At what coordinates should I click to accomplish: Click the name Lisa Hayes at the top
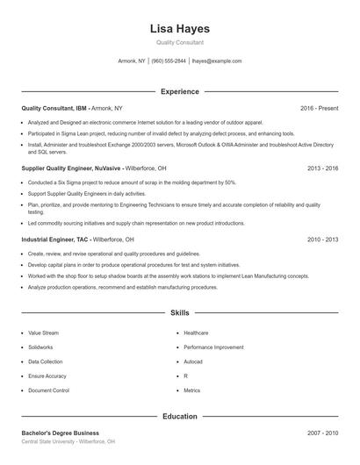click(x=180, y=28)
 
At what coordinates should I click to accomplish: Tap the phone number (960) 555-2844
click(x=169, y=61)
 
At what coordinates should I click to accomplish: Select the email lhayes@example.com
click(x=216, y=61)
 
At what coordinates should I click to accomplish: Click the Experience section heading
click(x=180, y=91)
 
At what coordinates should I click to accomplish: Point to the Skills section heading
click(x=180, y=312)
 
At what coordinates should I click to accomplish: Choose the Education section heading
click(x=180, y=416)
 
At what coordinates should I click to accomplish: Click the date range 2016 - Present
click(x=319, y=108)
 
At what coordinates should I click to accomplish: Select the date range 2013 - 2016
click(x=323, y=167)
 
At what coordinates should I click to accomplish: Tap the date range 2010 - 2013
click(x=323, y=239)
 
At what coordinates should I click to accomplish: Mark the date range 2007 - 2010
click(x=323, y=433)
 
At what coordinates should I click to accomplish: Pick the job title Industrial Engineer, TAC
click(x=54, y=239)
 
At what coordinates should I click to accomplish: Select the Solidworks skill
click(x=40, y=347)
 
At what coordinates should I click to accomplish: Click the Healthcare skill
click(x=196, y=333)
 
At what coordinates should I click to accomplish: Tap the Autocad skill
click(x=193, y=361)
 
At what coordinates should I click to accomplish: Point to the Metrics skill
click(x=192, y=390)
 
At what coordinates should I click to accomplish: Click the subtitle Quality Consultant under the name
click(x=180, y=42)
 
